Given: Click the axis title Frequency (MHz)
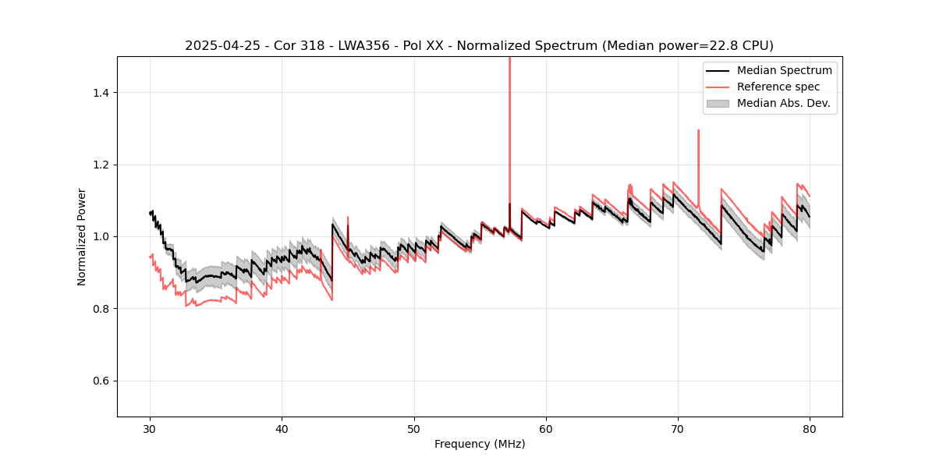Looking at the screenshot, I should [x=480, y=444].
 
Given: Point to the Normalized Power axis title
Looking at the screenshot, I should [x=81, y=236].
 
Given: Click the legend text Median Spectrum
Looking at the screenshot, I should [x=784, y=70].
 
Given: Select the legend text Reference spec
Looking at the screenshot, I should [x=778, y=87].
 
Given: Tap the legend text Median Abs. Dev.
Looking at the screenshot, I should [x=784, y=103].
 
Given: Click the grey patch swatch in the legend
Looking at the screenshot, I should [x=718, y=103].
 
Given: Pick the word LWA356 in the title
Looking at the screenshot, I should [x=363, y=45].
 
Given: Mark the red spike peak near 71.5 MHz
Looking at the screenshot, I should [x=698, y=130].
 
